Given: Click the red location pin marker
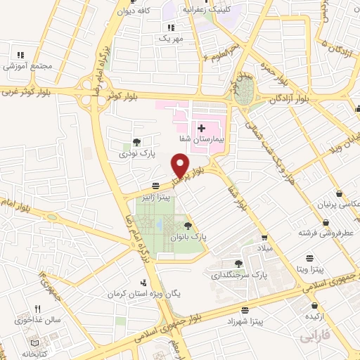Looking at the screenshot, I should (182, 166).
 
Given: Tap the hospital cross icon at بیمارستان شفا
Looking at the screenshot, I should (201, 128).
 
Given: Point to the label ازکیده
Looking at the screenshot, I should (314, 318).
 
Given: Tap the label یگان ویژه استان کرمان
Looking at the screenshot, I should (138, 293).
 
